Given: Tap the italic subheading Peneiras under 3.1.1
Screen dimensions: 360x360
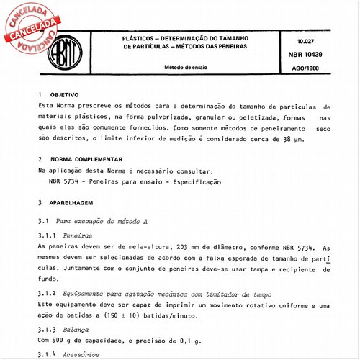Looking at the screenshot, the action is pyautogui.click(x=78, y=235).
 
